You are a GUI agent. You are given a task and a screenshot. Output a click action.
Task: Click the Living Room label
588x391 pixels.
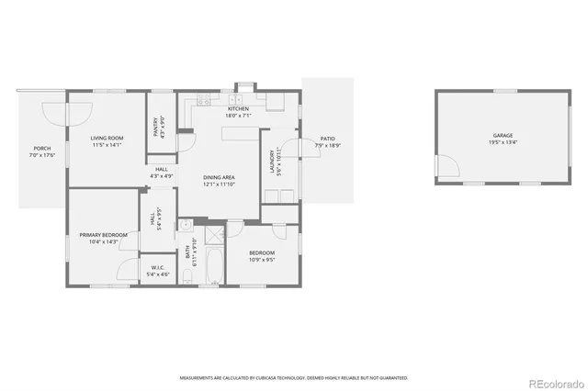pos(107,141)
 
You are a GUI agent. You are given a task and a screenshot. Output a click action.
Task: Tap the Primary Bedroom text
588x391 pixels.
pos(104,238)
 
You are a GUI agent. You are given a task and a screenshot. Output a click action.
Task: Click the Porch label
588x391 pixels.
pos(42,151)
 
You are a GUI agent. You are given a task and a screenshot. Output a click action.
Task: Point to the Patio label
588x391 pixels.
pos(327,142)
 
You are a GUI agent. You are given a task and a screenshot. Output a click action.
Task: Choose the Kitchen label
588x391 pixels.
pos(238,112)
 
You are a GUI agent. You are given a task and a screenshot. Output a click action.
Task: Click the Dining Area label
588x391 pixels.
pos(220,180)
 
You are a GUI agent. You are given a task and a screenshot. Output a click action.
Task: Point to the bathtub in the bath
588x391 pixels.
pos(213,265)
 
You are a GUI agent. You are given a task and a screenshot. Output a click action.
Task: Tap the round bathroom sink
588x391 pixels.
pos(185,224)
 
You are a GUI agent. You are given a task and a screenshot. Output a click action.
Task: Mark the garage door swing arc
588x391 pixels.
pos(447,168)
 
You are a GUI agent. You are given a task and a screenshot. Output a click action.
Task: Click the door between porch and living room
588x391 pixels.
pos(77,112)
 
